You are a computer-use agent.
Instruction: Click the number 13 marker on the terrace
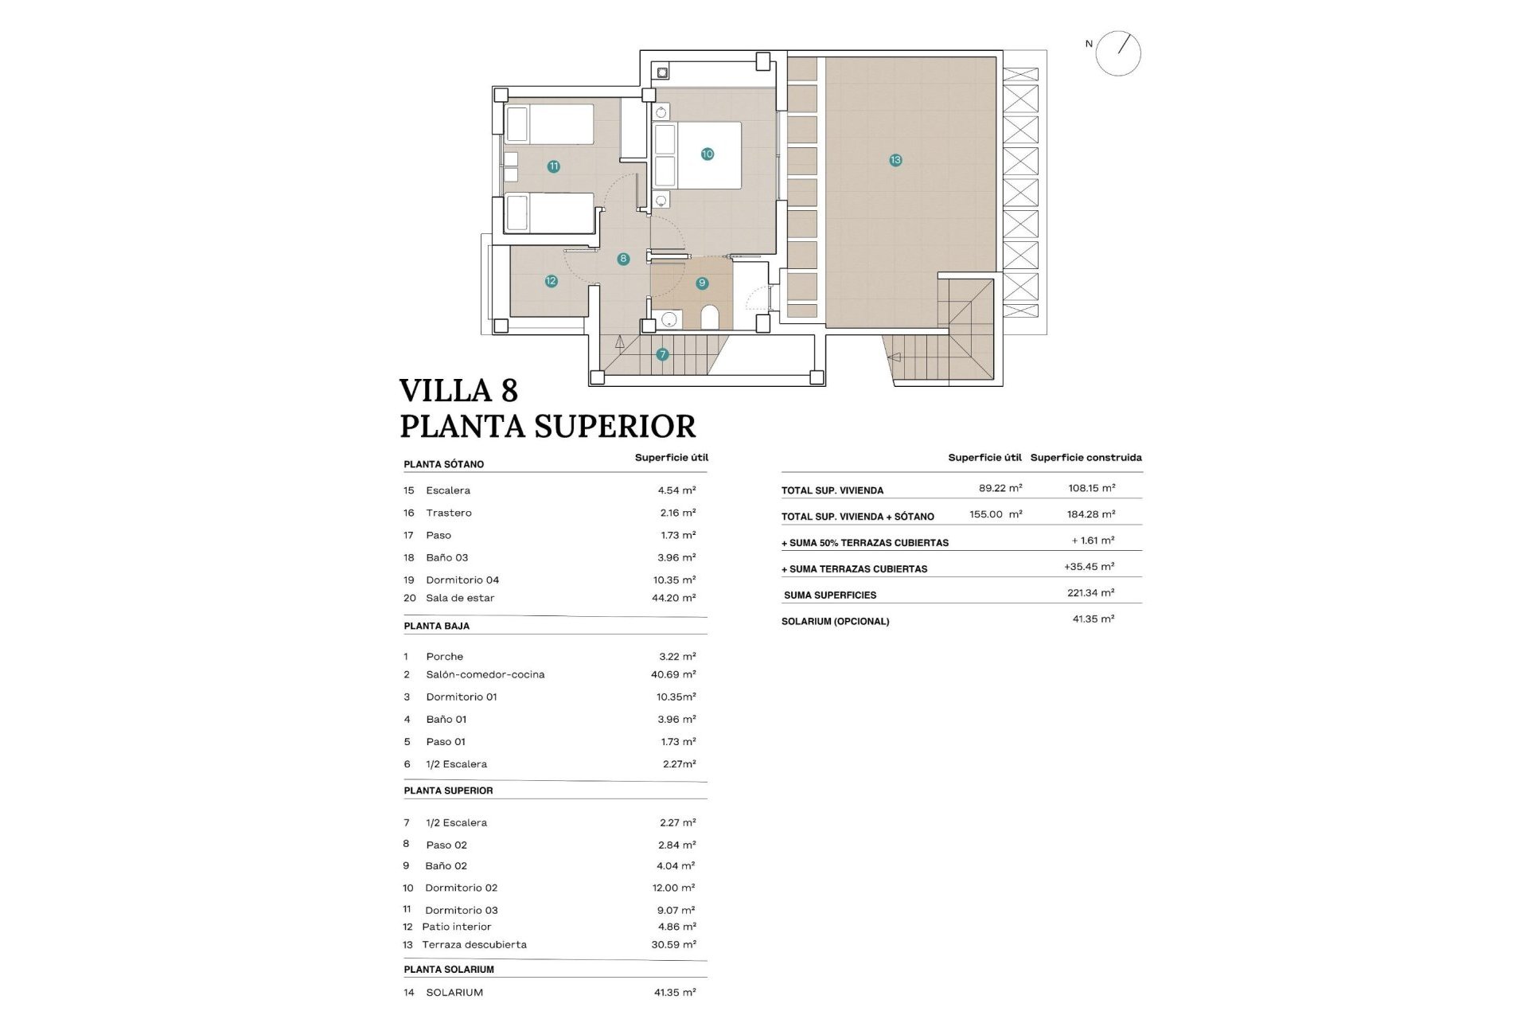[x=895, y=160]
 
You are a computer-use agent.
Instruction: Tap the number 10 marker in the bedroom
[x=707, y=154]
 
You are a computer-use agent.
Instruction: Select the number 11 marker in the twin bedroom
[x=553, y=166]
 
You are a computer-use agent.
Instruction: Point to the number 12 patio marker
[x=551, y=281]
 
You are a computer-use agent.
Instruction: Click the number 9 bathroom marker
[x=701, y=283]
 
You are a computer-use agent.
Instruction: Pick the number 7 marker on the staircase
[x=662, y=354]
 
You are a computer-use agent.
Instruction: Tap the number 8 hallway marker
[x=623, y=259]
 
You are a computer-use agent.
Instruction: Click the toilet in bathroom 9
[x=710, y=318]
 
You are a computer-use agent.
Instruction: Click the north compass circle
[x=1118, y=53]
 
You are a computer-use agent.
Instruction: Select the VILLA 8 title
[x=458, y=391]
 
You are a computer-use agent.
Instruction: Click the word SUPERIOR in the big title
[x=614, y=427]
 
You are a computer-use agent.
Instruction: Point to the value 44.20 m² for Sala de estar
[x=673, y=598]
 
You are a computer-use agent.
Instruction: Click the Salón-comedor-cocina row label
[x=485, y=674]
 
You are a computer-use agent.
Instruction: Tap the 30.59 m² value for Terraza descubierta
[x=673, y=944]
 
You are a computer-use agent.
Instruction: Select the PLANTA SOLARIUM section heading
[x=448, y=969]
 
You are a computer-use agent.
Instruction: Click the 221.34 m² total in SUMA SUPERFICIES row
[x=1090, y=593]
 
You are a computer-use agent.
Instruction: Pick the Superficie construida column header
[x=1086, y=457]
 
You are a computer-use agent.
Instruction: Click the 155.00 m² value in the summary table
[x=995, y=514]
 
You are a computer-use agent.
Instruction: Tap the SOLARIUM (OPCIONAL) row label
[x=835, y=621]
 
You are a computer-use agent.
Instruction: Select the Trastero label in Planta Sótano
[x=448, y=513]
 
